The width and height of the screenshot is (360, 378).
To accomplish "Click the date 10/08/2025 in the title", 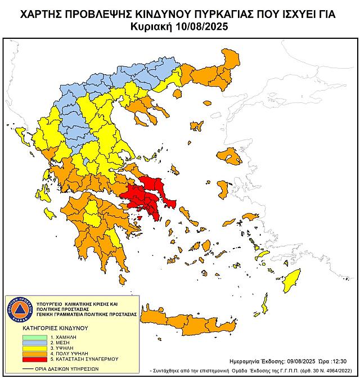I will click(201, 26).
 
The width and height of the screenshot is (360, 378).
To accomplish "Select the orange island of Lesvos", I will click(228, 156).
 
